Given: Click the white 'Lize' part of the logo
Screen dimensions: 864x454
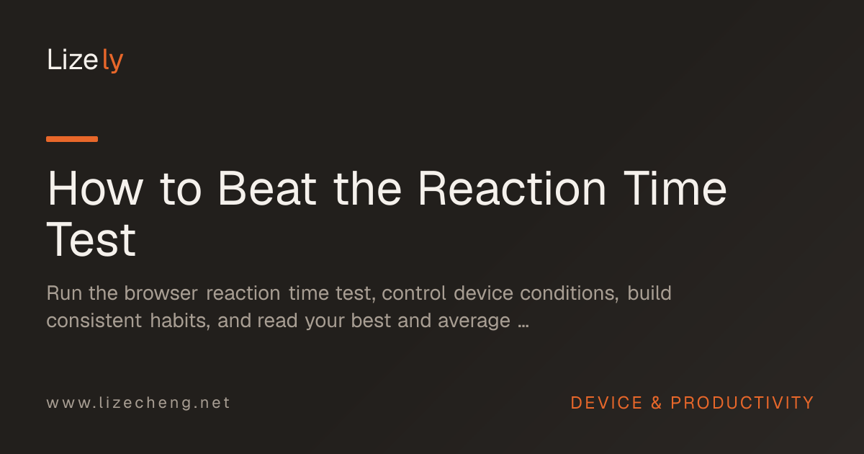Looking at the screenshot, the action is [73, 60].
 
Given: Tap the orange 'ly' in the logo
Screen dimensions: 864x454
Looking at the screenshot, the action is [112, 61].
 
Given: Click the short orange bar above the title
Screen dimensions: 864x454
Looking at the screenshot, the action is [72, 139].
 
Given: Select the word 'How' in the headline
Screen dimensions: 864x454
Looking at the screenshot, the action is [95, 188].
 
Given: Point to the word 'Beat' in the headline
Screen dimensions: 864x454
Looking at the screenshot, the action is [267, 188].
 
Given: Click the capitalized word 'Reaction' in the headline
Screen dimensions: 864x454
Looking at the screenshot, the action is [512, 188].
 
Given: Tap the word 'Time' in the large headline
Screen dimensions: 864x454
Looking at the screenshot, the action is [675, 188].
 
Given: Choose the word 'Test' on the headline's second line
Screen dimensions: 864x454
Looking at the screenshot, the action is [91, 239].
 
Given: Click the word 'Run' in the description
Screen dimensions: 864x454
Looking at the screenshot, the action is [63, 293].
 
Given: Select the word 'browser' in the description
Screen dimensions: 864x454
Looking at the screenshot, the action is [161, 293].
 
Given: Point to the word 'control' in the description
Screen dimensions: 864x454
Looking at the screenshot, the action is [414, 293].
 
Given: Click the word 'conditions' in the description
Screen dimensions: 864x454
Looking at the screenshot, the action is [570, 293].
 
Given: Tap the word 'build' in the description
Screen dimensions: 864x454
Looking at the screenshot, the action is [649, 293].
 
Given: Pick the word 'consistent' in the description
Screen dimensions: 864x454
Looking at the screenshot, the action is [94, 321].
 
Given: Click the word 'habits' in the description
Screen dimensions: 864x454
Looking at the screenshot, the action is [180, 321].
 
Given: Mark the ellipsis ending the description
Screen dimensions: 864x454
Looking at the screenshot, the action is [523, 326].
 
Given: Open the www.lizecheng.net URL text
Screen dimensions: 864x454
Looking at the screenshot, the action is [138, 403].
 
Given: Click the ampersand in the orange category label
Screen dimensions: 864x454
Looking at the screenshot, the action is [657, 403].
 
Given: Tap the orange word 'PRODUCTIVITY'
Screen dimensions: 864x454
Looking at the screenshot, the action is [742, 403].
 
